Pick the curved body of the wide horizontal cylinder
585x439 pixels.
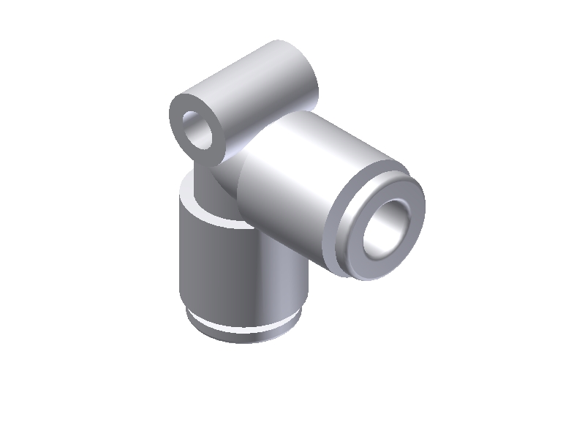point(292,183)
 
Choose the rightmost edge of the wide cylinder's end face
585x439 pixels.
point(425,212)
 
